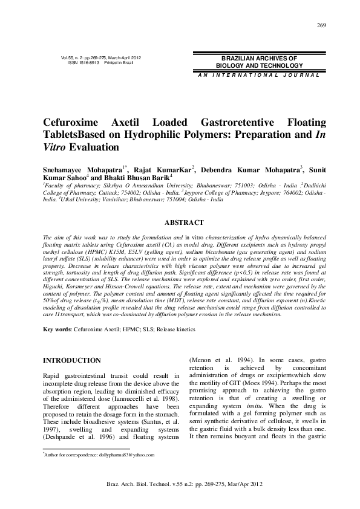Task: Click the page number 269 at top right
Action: pos(321,25)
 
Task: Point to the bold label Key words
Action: pos(58,329)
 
